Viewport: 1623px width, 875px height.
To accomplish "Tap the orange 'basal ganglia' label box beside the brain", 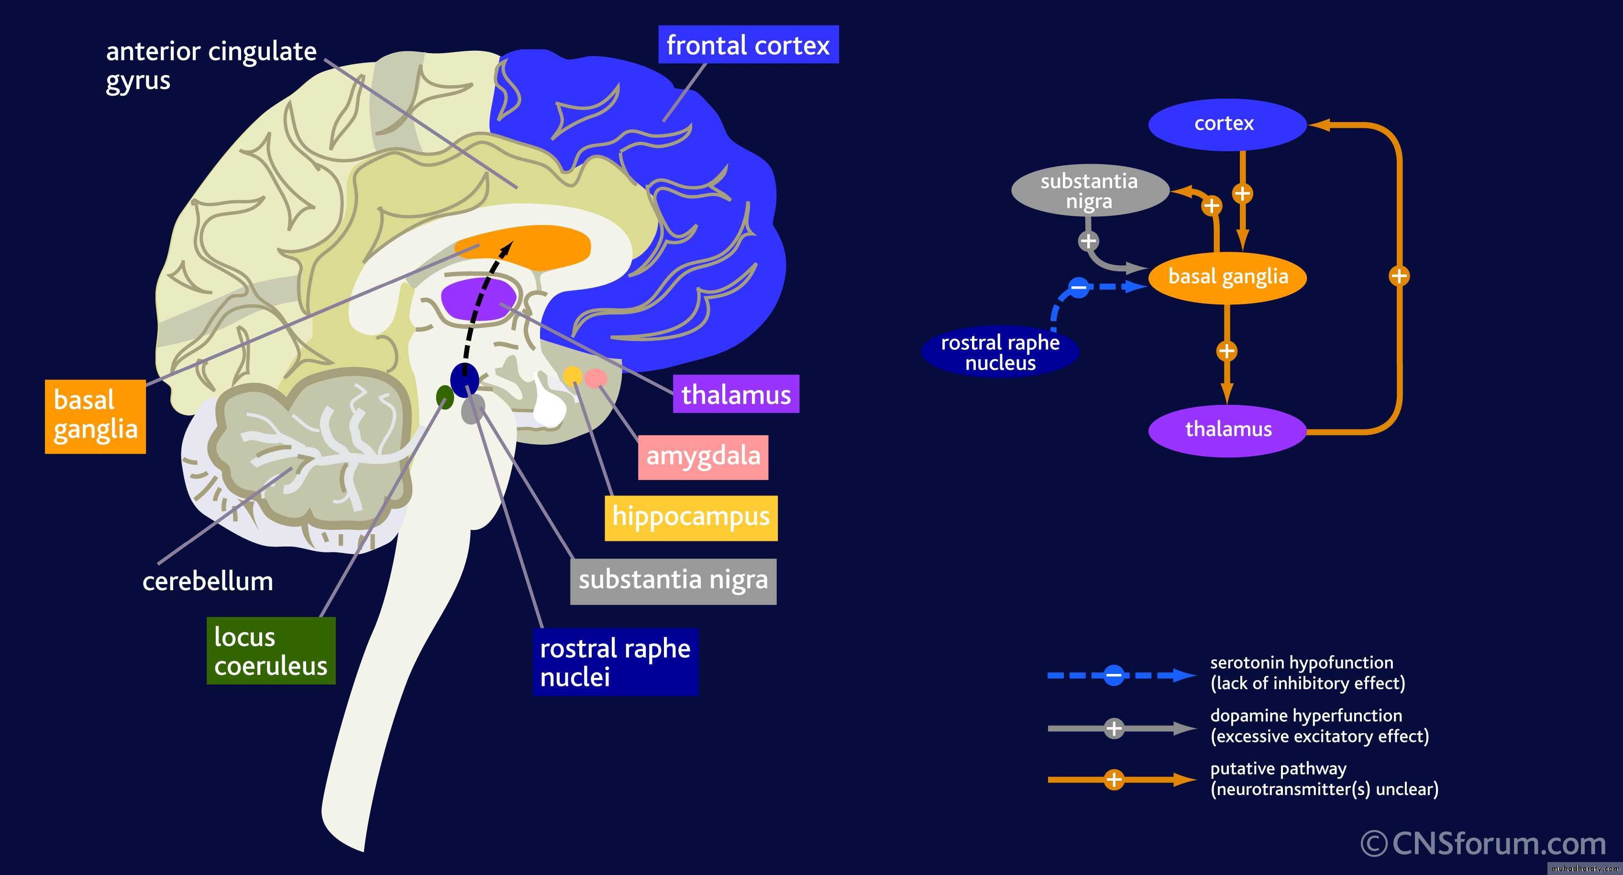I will tap(95, 416).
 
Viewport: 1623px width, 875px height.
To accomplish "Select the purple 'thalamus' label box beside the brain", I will tap(735, 394).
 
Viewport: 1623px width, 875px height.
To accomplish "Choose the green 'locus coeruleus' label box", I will tap(271, 651).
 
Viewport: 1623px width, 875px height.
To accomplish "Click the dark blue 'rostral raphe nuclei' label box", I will tap(616, 662).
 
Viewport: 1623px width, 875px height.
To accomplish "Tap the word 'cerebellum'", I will tap(207, 581).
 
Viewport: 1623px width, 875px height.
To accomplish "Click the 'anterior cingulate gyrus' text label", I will tap(210, 65).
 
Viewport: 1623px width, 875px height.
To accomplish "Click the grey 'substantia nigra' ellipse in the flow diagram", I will tap(1089, 191).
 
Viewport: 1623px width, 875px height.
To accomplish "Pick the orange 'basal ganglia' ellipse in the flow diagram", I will tap(1227, 277).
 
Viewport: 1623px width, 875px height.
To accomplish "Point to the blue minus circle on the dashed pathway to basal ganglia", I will tap(1078, 288).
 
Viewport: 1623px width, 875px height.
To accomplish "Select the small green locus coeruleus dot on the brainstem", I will tap(445, 397).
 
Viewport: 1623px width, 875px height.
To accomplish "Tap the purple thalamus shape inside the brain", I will tap(479, 299).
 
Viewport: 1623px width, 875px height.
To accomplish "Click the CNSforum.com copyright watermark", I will tap(1483, 843).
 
